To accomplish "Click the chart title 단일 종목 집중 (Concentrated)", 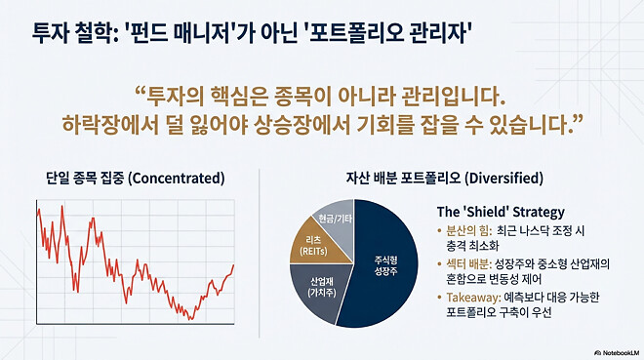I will [136, 179].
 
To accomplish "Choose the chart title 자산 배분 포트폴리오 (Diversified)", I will [444, 179].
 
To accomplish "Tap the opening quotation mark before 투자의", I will [140, 96].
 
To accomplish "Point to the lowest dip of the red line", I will [191, 319].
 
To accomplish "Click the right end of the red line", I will [233, 265].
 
